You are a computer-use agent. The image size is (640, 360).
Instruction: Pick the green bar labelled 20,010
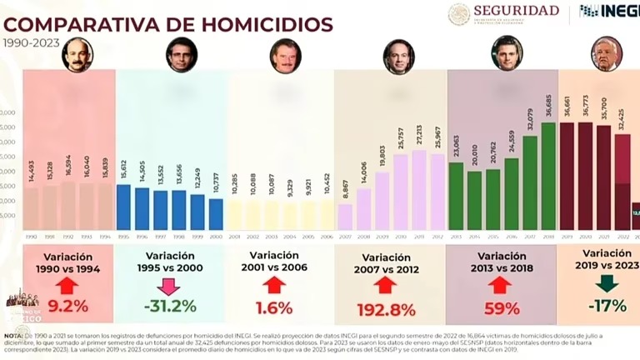tap(474, 200)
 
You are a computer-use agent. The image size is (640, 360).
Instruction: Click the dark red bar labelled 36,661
tap(567, 176)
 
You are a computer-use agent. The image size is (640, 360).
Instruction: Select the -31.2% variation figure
tap(169, 306)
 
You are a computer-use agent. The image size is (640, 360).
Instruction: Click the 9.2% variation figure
tap(67, 306)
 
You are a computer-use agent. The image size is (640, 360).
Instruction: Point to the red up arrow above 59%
tap(500, 286)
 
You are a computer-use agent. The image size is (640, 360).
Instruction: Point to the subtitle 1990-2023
tap(26, 42)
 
